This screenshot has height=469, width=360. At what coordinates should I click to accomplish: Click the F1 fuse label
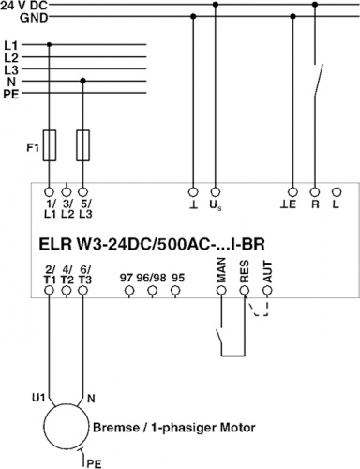click(33, 147)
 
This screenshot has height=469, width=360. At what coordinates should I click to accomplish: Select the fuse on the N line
click(82, 145)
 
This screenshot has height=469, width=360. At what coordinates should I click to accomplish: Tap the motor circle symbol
click(66, 427)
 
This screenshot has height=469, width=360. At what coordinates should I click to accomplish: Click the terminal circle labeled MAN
click(221, 291)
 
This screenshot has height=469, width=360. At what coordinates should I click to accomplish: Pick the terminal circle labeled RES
click(245, 291)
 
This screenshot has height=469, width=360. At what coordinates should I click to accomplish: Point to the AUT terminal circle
click(267, 291)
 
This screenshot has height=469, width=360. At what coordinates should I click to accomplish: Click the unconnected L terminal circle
click(337, 191)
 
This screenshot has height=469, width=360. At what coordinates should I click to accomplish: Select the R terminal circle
click(315, 191)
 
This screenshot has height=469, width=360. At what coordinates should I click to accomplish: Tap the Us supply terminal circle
click(215, 191)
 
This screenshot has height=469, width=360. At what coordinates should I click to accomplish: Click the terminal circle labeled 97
click(129, 291)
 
